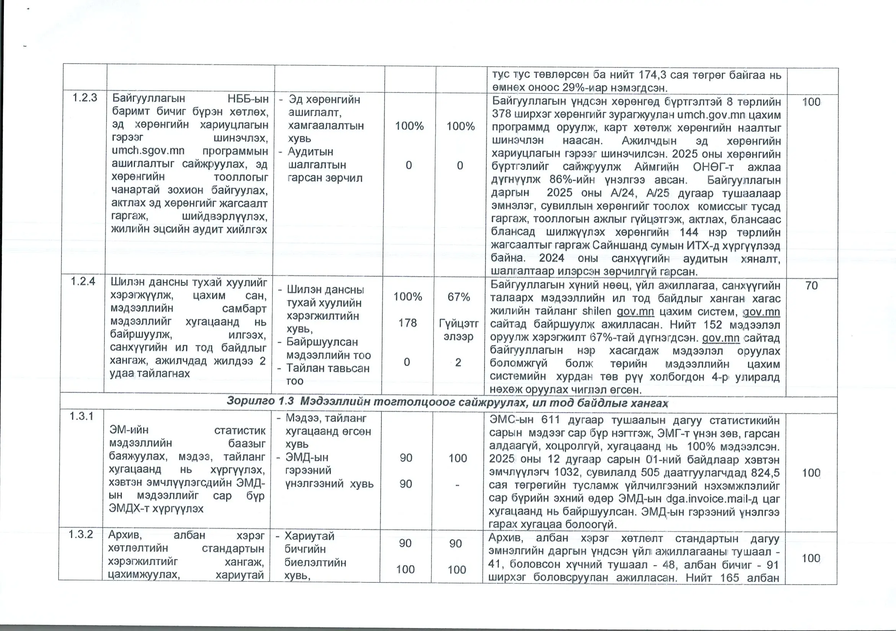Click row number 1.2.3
84,98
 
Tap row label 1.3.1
81,416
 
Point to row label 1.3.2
80,534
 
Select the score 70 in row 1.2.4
811,285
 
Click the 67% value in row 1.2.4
459,297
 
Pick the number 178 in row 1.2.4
407,323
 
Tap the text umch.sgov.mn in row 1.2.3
148,151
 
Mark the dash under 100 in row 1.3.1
457,485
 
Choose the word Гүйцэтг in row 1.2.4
459,324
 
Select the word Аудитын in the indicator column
310,152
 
